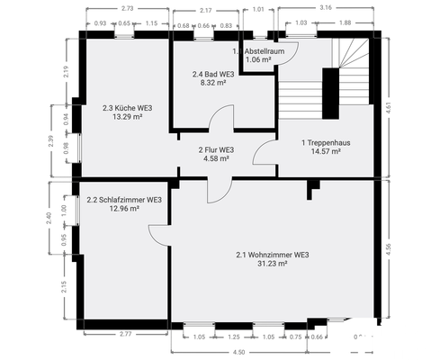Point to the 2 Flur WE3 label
tap(216, 149)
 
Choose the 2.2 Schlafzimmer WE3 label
tap(124, 200)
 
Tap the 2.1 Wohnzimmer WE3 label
tap(272, 255)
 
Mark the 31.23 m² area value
tap(272, 264)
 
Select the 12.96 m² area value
tap(124, 209)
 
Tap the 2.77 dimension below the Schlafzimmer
tap(125, 335)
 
